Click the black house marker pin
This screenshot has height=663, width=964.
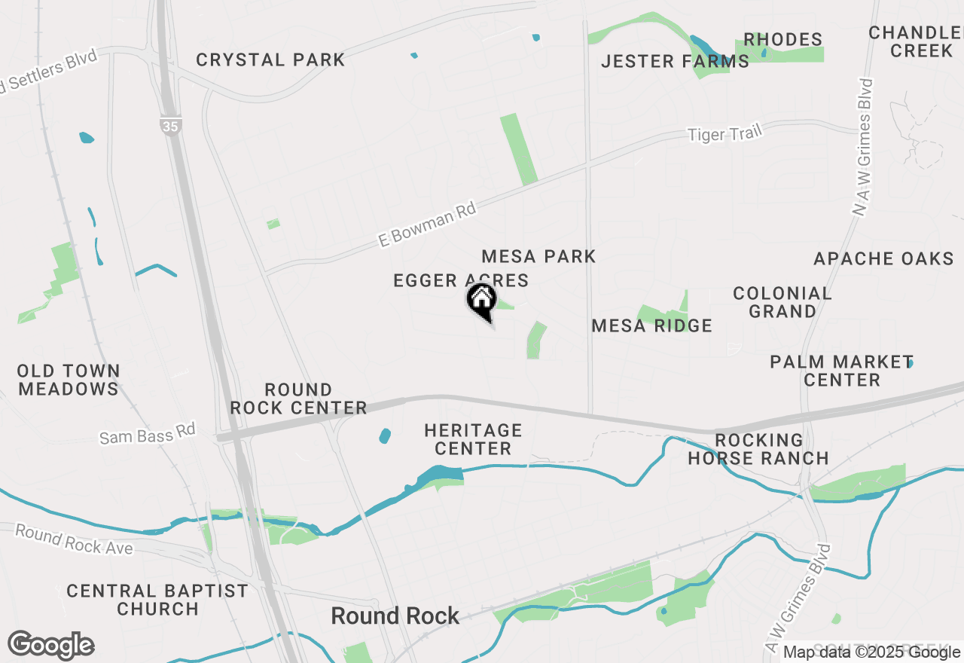481,301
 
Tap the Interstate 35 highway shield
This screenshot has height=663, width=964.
171,126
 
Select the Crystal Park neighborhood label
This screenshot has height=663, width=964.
270,60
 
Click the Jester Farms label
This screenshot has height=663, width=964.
675,61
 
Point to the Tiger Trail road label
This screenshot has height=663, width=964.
725,134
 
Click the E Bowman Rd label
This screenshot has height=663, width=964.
427,224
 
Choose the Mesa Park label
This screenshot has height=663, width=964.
538,256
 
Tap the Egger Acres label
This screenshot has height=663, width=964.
460,280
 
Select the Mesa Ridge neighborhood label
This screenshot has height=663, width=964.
651,325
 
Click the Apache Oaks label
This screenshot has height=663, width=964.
883,258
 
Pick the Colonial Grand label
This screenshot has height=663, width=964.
782,301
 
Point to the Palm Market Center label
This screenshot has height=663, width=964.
841,371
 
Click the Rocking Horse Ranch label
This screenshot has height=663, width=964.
758,449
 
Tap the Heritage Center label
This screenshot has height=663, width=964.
473,439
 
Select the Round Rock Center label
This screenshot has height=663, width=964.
298,399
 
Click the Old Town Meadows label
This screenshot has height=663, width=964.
69,380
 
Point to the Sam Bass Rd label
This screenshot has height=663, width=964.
148,434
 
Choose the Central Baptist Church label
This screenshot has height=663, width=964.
157,600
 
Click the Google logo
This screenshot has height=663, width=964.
50,645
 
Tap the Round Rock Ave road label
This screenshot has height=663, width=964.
74,539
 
